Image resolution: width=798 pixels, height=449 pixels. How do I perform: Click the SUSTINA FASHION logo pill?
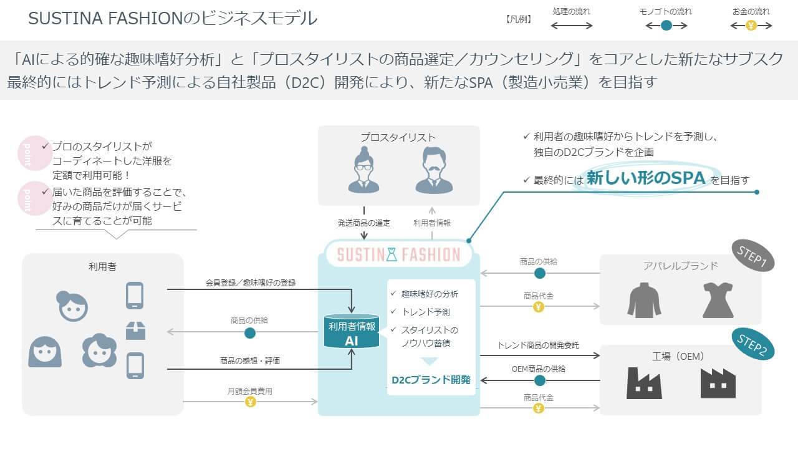click(x=398, y=254)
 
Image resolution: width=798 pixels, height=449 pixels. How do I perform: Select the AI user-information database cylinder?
click(x=352, y=332)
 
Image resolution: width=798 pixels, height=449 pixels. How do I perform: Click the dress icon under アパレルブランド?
click(x=718, y=300)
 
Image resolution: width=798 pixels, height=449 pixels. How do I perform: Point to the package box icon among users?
click(x=135, y=330)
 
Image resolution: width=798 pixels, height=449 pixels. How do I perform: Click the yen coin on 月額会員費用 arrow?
click(x=250, y=402)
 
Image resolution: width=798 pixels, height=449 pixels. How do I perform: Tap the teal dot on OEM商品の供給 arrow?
click(x=540, y=380)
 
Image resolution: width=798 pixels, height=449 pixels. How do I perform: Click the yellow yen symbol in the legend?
click(x=751, y=26)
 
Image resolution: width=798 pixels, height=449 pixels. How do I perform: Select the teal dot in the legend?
click(x=666, y=26)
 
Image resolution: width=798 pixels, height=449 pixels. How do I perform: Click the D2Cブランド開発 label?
click(x=431, y=379)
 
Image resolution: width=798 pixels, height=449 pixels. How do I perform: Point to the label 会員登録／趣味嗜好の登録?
click(x=251, y=282)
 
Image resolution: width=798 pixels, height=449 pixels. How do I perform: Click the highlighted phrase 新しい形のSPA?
click(x=645, y=178)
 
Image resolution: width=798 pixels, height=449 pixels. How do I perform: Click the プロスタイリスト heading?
click(x=398, y=137)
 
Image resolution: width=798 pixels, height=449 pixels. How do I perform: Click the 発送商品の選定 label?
click(x=364, y=223)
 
